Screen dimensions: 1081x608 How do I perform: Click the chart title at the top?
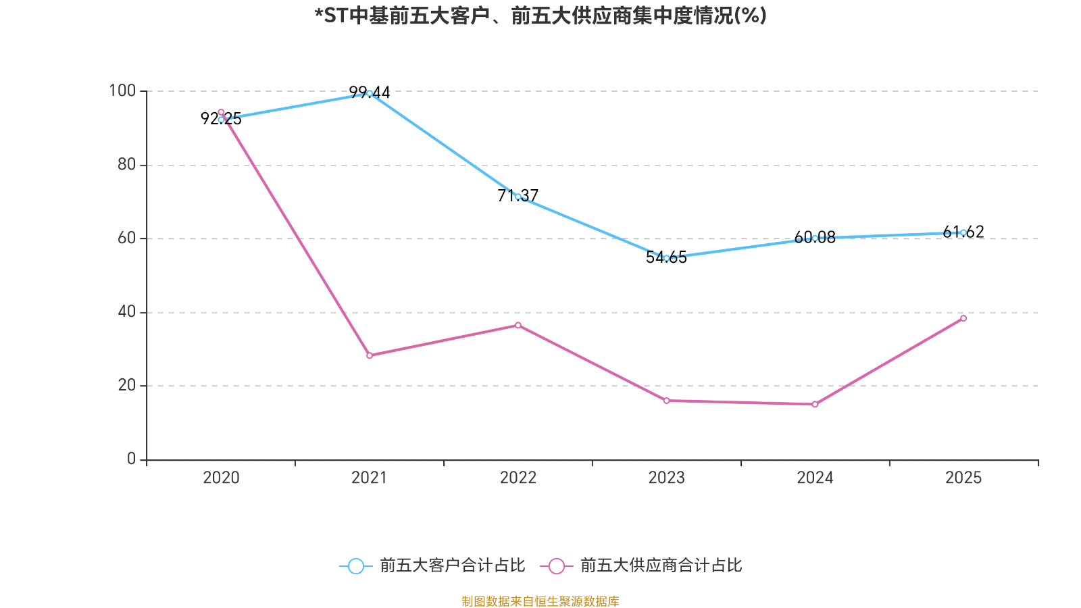pyautogui.click(x=540, y=16)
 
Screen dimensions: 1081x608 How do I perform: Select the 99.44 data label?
pyautogui.click(x=369, y=92)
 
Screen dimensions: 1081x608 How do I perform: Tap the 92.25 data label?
pyautogui.click(x=221, y=118)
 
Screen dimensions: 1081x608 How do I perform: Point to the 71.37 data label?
pyautogui.click(x=518, y=195)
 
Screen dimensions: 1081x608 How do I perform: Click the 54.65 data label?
pyautogui.click(x=666, y=257)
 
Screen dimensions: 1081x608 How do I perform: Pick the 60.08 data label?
pyautogui.click(x=815, y=237)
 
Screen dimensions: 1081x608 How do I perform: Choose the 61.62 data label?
pyautogui.click(x=963, y=232)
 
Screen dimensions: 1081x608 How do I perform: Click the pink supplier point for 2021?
pyautogui.click(x=370, y=355)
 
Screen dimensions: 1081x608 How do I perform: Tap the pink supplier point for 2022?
pyautogui.click(x=518, y=325)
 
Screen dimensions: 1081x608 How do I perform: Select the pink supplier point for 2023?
pyautogui.click(x=666, y=401)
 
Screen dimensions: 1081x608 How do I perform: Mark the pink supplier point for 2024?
pyautogui.click(x=815, y=405)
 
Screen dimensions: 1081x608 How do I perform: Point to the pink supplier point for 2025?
pyautogui.click(x=963, y=318)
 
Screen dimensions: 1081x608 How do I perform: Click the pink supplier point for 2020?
pyautogui.click(x=221, y=112)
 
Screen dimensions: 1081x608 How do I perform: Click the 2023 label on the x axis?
pyautogui.click(x=666, y=478)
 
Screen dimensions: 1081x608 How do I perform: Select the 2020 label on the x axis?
pyautogui.click(x=221, y=478)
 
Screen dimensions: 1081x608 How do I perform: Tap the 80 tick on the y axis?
pyautogui.click(x=126, y=165)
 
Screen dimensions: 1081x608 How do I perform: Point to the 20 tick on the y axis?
pyautogui.click(x=126, y=385)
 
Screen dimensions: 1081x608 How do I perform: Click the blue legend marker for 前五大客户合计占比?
pyautogui.click(x=356, y=566)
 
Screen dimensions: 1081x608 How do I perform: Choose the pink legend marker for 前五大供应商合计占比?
pyautogui.click(x=557, y=566)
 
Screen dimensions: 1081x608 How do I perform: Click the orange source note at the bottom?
pyautogui.click(x=540, y=601)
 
